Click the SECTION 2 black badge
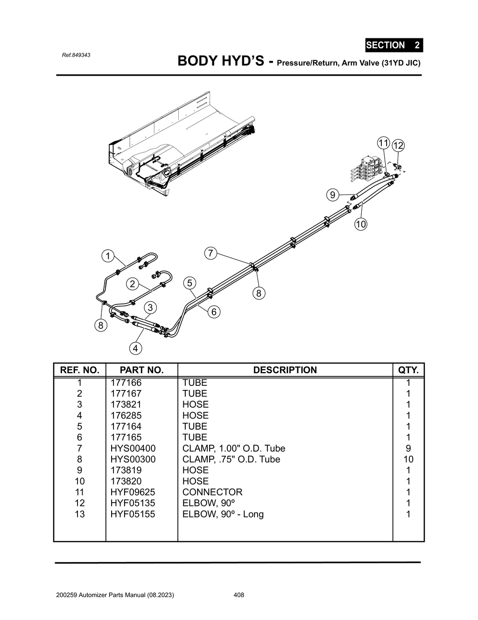pos(394,45)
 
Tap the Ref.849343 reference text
pos(76,55)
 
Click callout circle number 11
pos(383,143)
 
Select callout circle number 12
pos(398,145)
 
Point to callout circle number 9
pos(332,195)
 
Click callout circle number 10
pos(361,224)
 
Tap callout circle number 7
pos(211,253)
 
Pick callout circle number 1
pos(108,256)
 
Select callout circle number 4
pos(135,348)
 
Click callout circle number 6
pos(213,312)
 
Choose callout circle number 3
pos(150,308)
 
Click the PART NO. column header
pos(141,370)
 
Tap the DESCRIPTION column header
pos(285,370)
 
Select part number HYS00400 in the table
pos(133,448)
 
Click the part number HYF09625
pos(133,492)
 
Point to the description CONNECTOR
pos(212,492)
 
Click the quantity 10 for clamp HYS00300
pos(408,459)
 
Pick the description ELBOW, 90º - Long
pos(223,514)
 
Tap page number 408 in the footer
pos(239,595)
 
